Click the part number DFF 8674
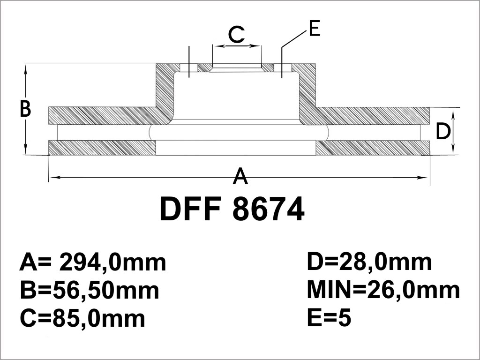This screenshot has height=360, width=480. pos(232,209)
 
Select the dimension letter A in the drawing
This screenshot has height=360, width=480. pos(240,176)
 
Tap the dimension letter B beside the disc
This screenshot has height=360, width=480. pos(25,108)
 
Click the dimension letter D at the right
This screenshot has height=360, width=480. pos(443,131)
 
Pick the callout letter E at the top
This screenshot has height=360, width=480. pos(315,29)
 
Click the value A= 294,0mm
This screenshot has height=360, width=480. pos(93,262)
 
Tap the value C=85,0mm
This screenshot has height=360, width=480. pos(82,318)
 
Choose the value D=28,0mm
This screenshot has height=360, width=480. pos(369,262)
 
